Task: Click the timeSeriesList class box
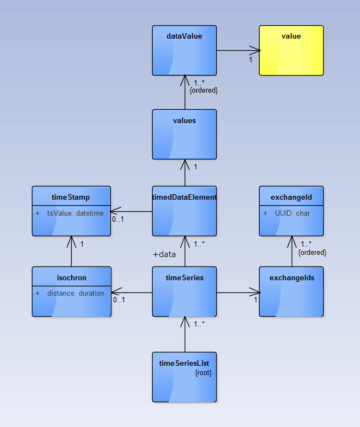(x=184, y=378)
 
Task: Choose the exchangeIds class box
(x=291, y=292)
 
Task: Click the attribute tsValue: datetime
(x=75, y=213)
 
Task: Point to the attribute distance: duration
(x=75, y=293)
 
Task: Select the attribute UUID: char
(x=292, y=213)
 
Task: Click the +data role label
(x=164, y=254)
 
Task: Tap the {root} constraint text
(x=203, y=373)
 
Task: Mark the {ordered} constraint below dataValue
(x=203, y=90)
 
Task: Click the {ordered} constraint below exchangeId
(x=312, y=252)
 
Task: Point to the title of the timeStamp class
(x=71, y=197)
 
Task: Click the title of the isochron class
(x=71, y=277)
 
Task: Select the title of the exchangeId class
(x=291, y=197)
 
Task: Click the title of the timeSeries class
(x=184, y=277)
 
